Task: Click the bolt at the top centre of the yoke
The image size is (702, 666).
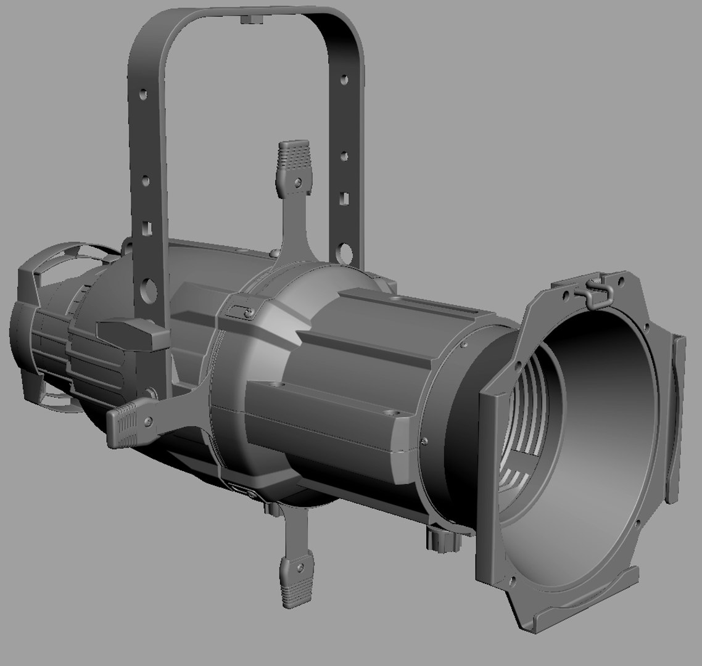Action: tap(249, 19)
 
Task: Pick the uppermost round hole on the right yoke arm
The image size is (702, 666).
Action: tap(344, 80)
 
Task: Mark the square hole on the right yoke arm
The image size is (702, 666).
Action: tap(343, 199)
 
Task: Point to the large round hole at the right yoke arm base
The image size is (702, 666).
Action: tap(345, 251)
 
